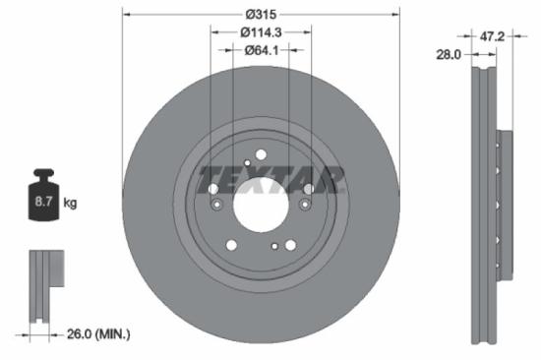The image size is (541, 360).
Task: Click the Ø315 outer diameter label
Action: (x=260, y=14)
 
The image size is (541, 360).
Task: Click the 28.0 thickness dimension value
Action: (x=449, y=57)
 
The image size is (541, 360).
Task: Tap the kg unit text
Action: (x=70, y=203)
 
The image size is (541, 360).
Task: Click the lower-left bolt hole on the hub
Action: (x=232, y=245)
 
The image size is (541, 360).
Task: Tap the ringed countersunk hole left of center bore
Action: (x=216, y=205)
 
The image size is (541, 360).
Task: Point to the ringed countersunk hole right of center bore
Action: (x=305, y=205)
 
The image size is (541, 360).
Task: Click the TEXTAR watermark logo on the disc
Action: (x=270, y=181)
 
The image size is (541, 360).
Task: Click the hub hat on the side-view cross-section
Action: (x=505, y=202)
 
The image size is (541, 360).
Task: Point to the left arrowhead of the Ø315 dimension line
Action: (x=125, y=14)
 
